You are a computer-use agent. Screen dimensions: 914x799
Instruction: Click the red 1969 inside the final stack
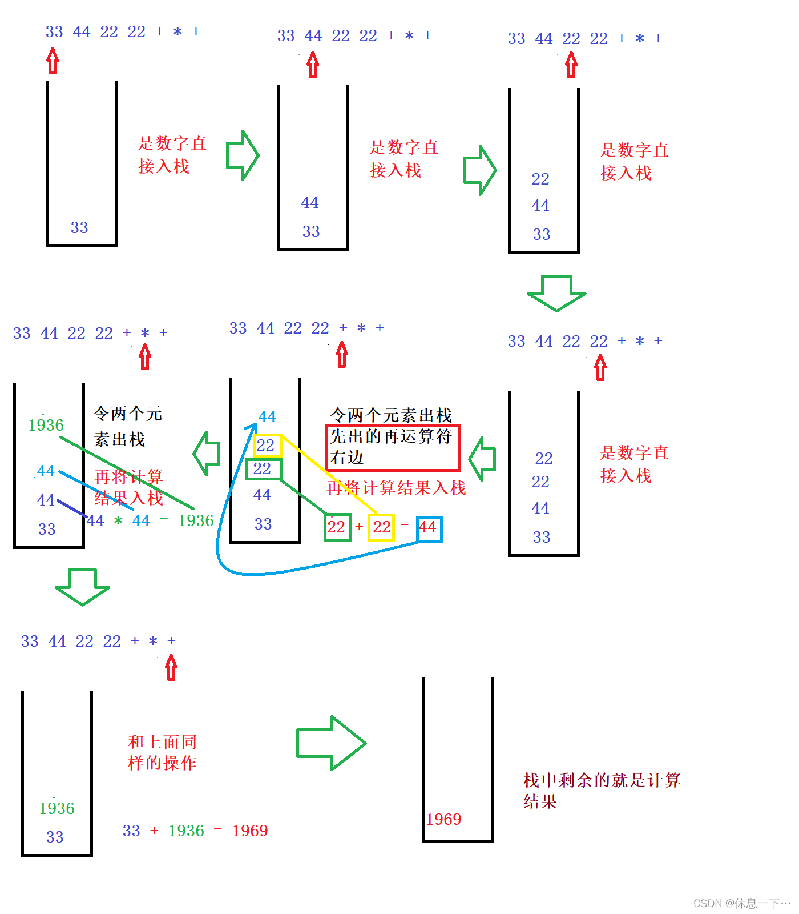click(443, 819)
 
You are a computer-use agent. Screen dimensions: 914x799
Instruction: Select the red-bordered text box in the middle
click(393, 448)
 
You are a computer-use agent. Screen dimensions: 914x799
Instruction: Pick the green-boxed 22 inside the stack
click(263, 469)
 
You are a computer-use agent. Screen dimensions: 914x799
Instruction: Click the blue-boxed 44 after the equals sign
click(429, 528)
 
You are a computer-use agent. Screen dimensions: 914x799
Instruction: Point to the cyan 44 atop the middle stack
click(267, 417)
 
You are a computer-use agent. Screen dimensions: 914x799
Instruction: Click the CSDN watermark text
click(741, 903)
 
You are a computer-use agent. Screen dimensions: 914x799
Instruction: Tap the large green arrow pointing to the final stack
click(331, 743)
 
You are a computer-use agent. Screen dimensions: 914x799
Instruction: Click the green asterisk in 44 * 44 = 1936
click(118, 521)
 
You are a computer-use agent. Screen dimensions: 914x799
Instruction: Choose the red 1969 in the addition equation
click(250, 831)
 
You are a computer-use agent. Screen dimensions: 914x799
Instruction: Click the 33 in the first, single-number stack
click(79, 227)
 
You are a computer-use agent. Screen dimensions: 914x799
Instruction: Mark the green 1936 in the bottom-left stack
click(57, 808)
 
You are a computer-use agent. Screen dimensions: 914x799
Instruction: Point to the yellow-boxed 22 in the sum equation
click(381, 527)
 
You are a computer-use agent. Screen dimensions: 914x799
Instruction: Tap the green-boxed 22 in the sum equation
click(337, 527)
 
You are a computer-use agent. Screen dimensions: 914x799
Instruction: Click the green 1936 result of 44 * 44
click(196, 521)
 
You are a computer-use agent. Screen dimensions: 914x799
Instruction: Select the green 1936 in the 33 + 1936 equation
click(186, 831)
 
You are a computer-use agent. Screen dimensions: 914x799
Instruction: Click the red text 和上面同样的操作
click(163, 752)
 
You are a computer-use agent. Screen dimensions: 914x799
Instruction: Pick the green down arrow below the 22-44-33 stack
click(556, 292)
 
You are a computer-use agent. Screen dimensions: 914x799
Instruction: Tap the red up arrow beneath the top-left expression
click(53, 61)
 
